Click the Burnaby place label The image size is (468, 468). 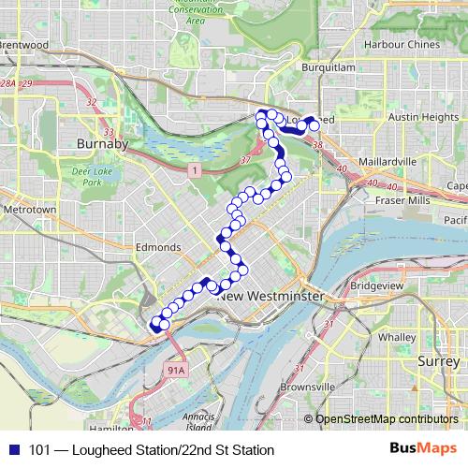pos(103,146)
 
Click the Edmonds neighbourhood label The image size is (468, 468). pos(157,247)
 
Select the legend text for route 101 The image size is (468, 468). pos(145,449)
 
